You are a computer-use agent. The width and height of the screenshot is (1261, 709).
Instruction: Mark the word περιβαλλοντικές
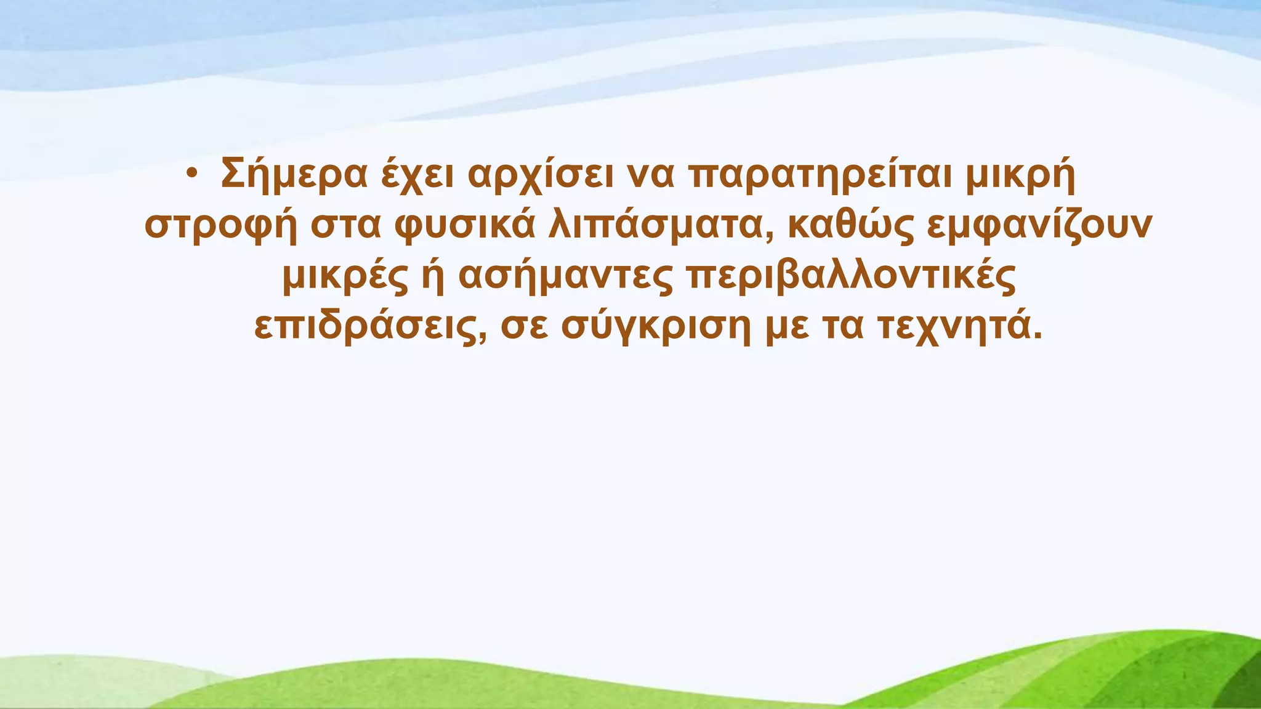coord(850,277)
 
